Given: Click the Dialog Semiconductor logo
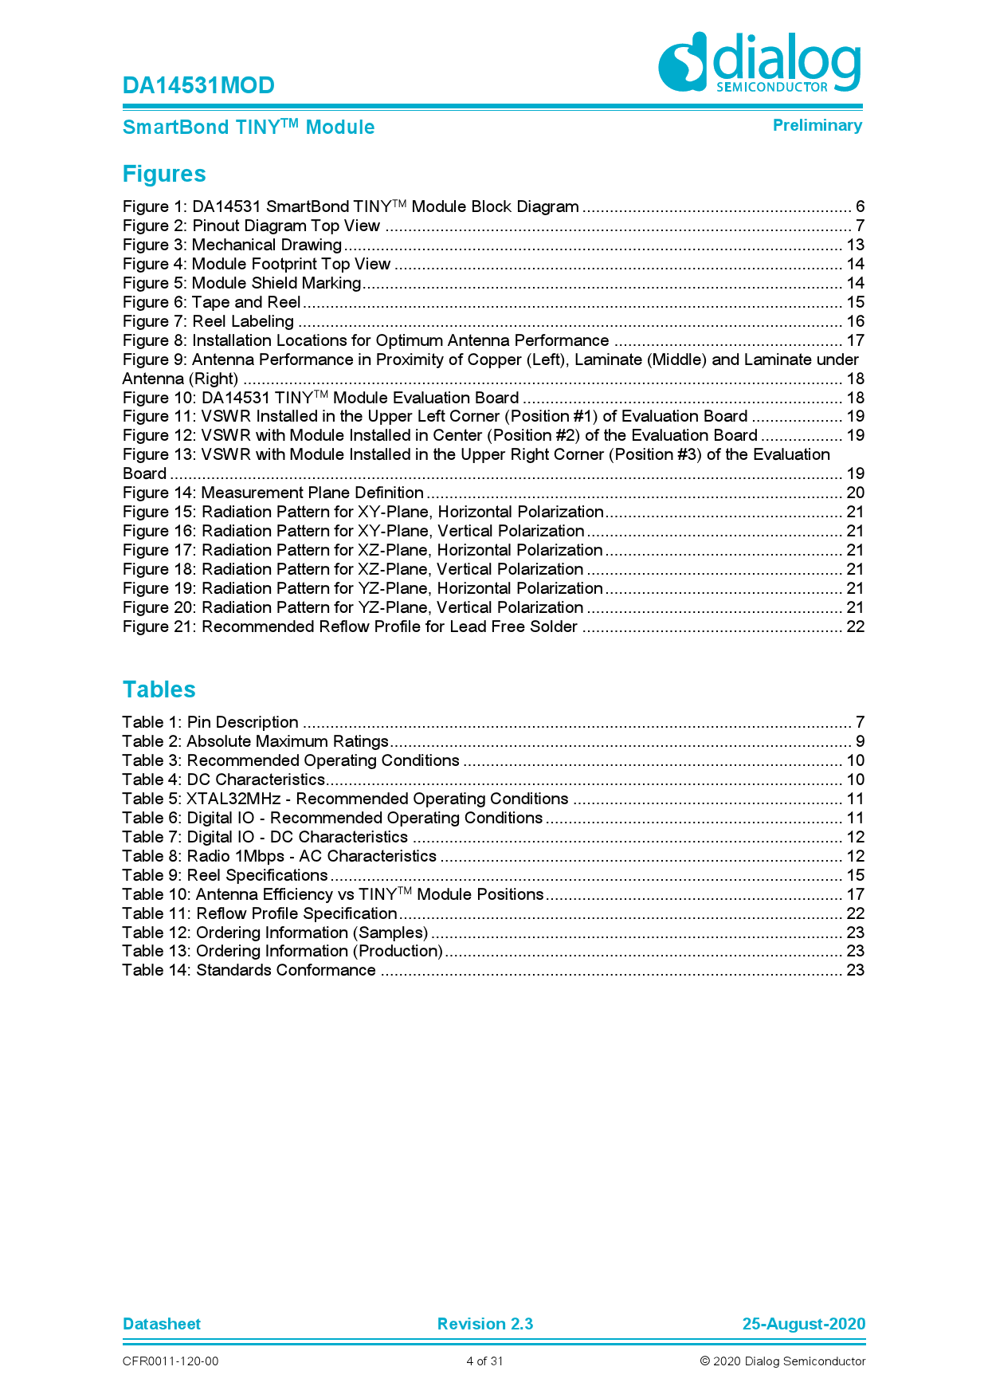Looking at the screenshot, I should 759,62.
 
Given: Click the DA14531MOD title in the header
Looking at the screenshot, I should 198,85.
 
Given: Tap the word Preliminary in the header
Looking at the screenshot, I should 817,125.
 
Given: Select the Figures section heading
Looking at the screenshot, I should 164,174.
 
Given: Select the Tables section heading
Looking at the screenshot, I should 159,689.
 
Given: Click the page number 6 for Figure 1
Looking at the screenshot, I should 860,206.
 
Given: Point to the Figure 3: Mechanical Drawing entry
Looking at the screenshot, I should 232,245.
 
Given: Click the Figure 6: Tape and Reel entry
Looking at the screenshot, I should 211,302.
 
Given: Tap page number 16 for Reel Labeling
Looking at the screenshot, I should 855,321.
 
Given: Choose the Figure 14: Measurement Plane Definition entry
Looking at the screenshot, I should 272,493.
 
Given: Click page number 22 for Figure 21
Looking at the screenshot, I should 855,626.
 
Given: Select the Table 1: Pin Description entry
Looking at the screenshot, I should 210,722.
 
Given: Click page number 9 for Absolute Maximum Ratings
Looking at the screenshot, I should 860,741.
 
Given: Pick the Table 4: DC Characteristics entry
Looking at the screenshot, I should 223,780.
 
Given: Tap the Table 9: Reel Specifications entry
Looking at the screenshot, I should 225,875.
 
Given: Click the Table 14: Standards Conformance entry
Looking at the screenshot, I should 249,970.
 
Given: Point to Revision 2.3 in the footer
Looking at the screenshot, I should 484,1324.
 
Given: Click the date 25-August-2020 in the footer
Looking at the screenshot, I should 803,1324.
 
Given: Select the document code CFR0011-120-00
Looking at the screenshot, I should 171,1361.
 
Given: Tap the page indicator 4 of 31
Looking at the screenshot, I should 484,1361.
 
